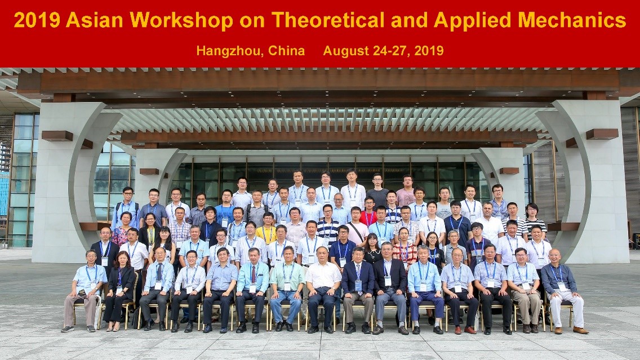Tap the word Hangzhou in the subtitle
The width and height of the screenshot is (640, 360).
(x=223, y=51)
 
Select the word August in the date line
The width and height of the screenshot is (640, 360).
(x=344, y=51)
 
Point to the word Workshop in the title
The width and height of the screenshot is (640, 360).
(x=181, y=20)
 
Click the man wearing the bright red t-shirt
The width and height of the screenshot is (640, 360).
(x=368, y=212)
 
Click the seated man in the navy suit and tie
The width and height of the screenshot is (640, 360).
(x=358, y=290)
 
